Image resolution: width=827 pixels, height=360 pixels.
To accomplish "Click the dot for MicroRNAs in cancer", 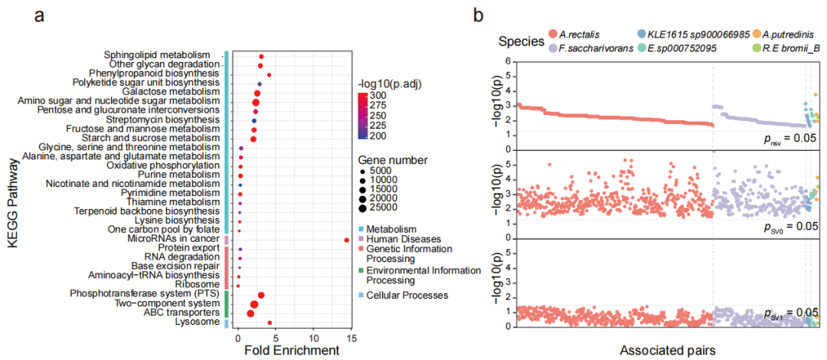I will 347,240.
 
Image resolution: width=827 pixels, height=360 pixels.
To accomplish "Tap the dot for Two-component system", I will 254,304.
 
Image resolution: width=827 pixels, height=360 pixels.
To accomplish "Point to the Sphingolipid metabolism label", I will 157,55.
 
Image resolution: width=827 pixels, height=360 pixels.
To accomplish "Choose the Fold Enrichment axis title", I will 291,351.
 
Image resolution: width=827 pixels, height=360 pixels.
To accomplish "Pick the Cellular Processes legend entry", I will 406,295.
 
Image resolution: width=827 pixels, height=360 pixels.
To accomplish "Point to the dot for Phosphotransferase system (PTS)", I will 261,295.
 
